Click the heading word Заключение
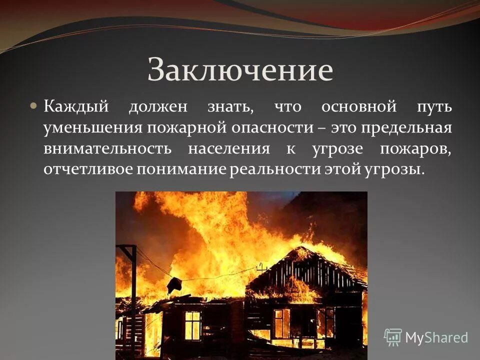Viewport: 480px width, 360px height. pyautogui.click(x=240, y=69)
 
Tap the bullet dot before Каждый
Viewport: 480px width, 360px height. pyautogui.click(x=33, y=106)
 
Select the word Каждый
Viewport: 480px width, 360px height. pyautogui.click(x=75, y=107)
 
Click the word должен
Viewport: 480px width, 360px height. pyautogui.click(x=158, y=107)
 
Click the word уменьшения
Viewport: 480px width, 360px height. pyautogui.click(x=92, y=127)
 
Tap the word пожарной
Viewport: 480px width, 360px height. pyautogui.click(x=186, y=127)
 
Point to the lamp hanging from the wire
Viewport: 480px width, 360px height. pyautogui.click(x=174, y=285)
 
